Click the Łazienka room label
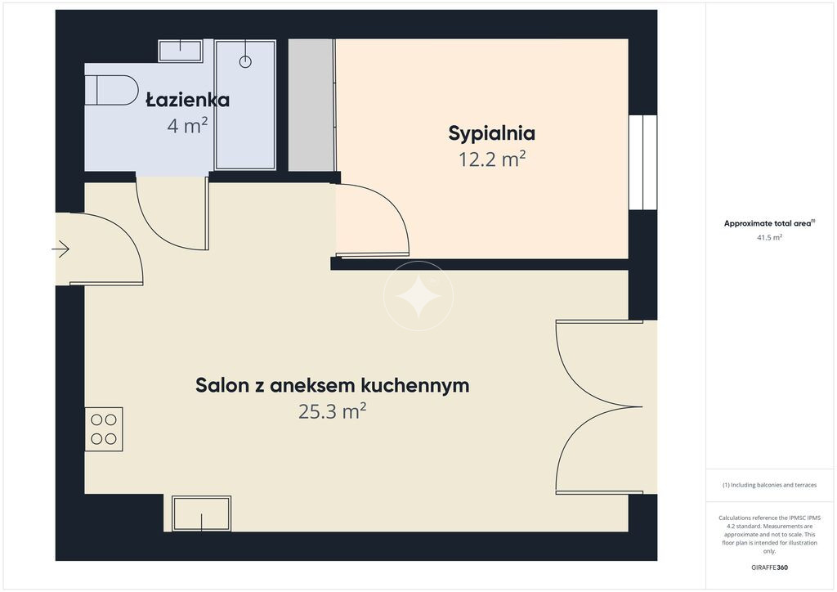187,100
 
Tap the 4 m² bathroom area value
187,126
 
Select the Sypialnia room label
491,133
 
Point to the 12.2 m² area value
492,159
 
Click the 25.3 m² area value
332,411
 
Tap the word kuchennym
415,385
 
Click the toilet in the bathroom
111,90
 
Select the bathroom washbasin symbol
181,51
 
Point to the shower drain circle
245,62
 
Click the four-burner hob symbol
104,429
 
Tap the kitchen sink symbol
201,514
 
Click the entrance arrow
60,249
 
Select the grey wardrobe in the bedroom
311,105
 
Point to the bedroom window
642,162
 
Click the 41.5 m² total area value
769,238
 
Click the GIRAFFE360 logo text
769,567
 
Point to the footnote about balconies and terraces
769,485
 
